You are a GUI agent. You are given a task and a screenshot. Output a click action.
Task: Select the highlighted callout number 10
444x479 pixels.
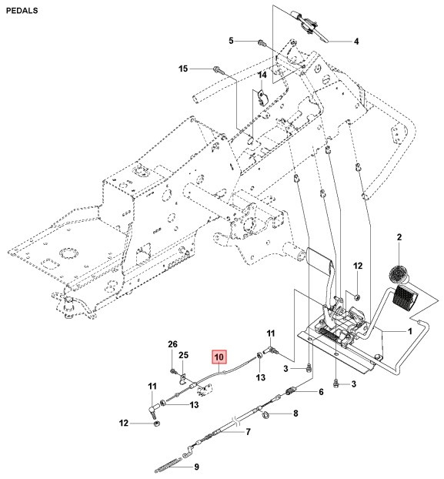[219, 357]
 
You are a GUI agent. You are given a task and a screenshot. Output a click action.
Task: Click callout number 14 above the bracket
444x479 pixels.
[262, 75]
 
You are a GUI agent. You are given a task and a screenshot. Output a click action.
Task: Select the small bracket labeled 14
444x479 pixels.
[262, 98]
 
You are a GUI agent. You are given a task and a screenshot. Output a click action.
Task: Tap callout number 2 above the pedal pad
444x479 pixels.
[399, 238]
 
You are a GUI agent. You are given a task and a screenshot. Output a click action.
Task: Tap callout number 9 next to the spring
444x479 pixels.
[195, 466]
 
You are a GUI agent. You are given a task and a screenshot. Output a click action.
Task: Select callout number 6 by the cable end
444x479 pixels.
[321, 392]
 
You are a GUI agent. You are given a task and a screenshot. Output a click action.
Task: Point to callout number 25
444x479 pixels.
[183, 355]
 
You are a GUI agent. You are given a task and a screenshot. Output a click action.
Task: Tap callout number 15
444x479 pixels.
[183, 69]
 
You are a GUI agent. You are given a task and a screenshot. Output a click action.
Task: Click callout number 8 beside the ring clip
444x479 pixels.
[295, 414]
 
